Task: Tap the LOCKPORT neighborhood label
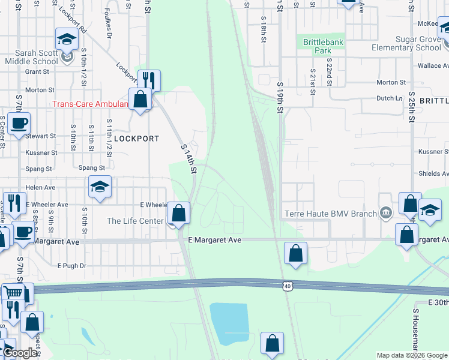pyautogui.click(x=137, y=139)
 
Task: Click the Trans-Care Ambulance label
pyautogui.click(x=91, y=104)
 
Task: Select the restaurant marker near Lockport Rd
pyautogui.click(x=148, y=80)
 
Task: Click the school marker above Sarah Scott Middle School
pyautogui.click(x=67, y=39)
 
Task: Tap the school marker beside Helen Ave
pyautogui.click(x=100, y=187)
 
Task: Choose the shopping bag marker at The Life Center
pyautogui.click(x=178, y=212)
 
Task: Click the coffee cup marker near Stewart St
pyautogui.click(x=19, y=124)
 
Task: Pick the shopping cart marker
pyautogui.click(x=12, y=293)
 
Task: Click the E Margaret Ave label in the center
pyautogui.click(x=214, y=240)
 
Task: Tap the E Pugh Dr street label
pyautogui.click(x=72, y=265)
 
